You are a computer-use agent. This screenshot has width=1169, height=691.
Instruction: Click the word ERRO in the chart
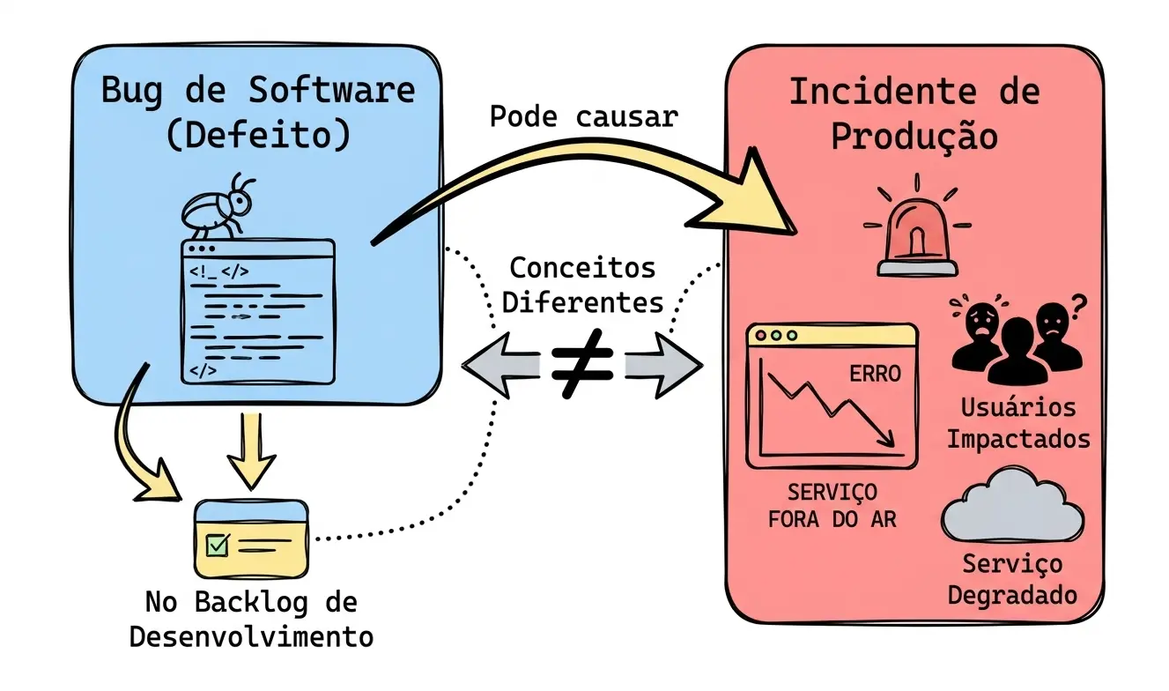click(x=875, y=373)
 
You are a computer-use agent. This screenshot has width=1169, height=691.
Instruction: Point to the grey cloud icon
click(x=1013, y=507)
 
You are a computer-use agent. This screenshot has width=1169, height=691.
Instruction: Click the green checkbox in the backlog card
click(x=217, y=546)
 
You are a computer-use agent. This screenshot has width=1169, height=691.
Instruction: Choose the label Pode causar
click(x=583, y=117)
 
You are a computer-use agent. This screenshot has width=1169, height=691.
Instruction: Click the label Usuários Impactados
click(x=1018, y=423)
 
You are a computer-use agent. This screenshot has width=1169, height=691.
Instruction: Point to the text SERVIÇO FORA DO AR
click(x=832, y=506)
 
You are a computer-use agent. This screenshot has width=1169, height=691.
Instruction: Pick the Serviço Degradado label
click(x=1012, y=578)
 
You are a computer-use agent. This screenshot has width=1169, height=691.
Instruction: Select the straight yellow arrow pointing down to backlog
click(x=251, y=450)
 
